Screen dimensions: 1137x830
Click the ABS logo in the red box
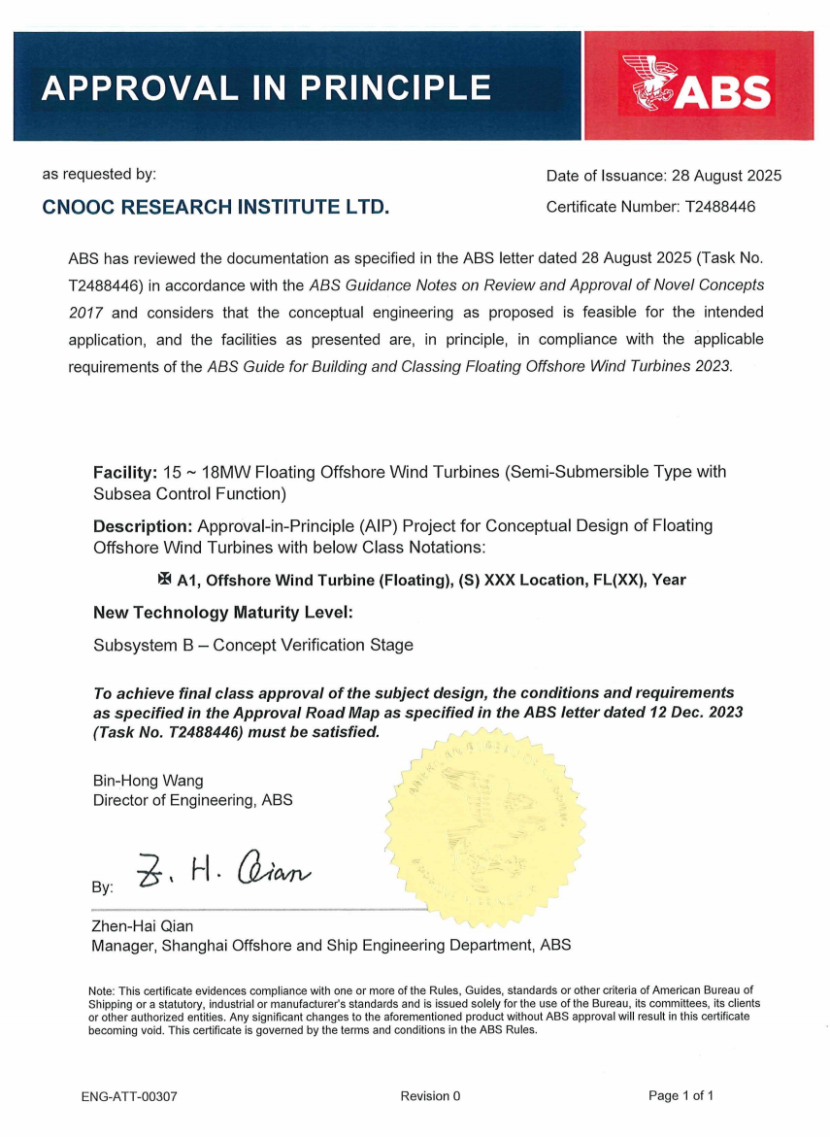click(x=698, y=88)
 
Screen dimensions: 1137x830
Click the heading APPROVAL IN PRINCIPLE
click(x=266, y=88)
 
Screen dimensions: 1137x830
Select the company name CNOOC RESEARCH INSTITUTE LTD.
click(x=216, y=207)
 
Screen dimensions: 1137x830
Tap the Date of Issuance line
click(x=663, y=176)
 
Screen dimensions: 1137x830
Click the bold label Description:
click(x=143, y=526)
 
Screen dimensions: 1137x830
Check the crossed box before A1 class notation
click(x=163, y=579)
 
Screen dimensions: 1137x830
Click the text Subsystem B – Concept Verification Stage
click(x=252, y=645)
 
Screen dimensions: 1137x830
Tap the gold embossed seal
click(x=485, y=824)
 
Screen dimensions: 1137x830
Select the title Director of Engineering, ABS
click(x=192, y=801)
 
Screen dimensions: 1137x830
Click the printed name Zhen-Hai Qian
click(x=142, y=926)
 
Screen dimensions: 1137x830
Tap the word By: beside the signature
click(x=102, y=887)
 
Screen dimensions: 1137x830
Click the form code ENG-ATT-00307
click(x=129, y=1096)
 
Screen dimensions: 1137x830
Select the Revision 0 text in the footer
click(x=430, y=1096)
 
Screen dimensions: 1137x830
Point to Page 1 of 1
click(x=681, y=1096)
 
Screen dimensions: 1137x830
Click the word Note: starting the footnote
click(x=102, y=990)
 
